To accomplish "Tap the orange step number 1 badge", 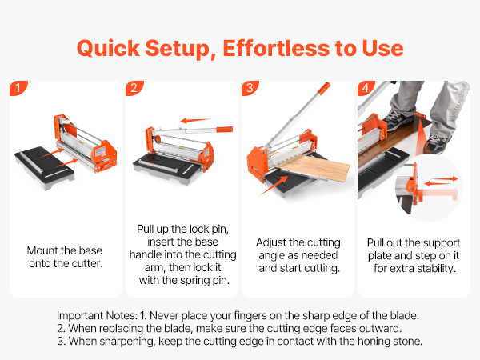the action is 18,88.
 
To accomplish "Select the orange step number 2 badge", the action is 134,88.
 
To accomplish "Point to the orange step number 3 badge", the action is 250,88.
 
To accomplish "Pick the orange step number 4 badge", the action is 366,88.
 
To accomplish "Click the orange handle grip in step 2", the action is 225,129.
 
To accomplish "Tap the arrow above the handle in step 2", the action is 195,120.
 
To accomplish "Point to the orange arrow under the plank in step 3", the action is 274,186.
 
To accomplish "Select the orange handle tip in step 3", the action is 323,88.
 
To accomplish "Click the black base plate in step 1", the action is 45,164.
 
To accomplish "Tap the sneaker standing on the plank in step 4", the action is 398,120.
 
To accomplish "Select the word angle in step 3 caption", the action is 273,256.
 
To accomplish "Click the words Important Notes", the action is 97,315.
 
